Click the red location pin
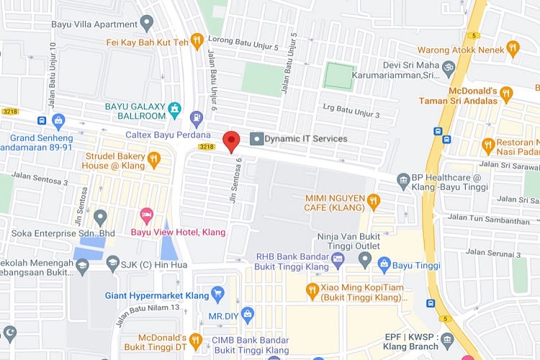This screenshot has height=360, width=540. click(x=230, y=140)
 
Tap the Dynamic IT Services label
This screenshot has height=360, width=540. click(x=305, y=138)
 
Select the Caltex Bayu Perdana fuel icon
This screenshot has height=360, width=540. click(x=195, y=117)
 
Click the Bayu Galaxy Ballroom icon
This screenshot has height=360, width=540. click(x=174, y=109)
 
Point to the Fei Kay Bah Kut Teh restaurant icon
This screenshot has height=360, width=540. click(x=197, y=41)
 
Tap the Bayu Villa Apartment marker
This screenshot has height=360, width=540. click(x=147, y=24)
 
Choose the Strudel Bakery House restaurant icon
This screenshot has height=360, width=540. click(x=153, y=159)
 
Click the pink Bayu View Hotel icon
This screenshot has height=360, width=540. click(x=146, y=215)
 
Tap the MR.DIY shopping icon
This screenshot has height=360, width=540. click(x=248, y=314)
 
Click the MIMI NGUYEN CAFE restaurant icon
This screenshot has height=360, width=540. click(x=372, y=200)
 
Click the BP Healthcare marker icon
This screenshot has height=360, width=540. click(x=403, y=179)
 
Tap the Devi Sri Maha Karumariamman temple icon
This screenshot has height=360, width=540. click(x=449, y=68)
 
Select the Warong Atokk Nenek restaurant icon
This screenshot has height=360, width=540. click(x=513, y=48)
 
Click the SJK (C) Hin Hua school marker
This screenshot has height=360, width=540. click(x=112, y=265)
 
